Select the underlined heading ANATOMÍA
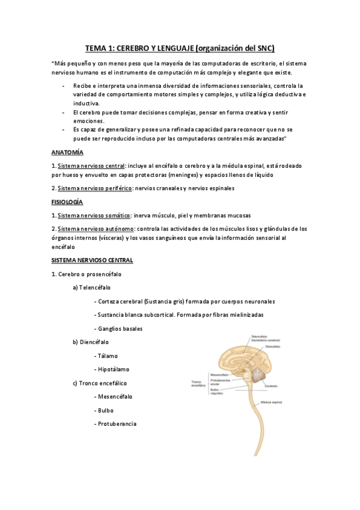(67, 152)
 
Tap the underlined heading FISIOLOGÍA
(67, 202)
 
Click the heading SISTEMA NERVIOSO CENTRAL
(92, 260)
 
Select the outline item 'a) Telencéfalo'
(91, 287)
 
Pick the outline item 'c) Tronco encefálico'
(99, 383)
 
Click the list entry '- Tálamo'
(107, 355)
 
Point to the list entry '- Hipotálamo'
(112, 369)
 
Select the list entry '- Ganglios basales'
(118, 328)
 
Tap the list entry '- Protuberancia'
(115, 424)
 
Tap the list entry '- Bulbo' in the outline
(104, 410)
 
